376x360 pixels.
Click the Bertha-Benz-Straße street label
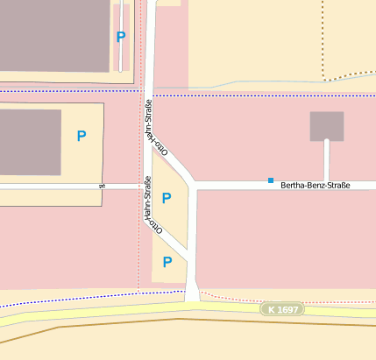coord(315,187)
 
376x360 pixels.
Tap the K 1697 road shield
coord(280,309)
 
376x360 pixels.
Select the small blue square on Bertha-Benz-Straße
coord(271,180)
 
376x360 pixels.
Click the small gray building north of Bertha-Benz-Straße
coord(326,126)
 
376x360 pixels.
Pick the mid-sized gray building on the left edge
coord(30,142)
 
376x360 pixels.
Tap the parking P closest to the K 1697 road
coord(167,261)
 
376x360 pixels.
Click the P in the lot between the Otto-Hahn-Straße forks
coord(167,198)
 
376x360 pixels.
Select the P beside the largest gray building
coord(121,37)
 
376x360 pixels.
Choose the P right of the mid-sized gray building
coord(82,136)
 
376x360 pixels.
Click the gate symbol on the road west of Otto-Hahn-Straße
coord(103,186)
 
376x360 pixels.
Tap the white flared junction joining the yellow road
coord(192,293)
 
